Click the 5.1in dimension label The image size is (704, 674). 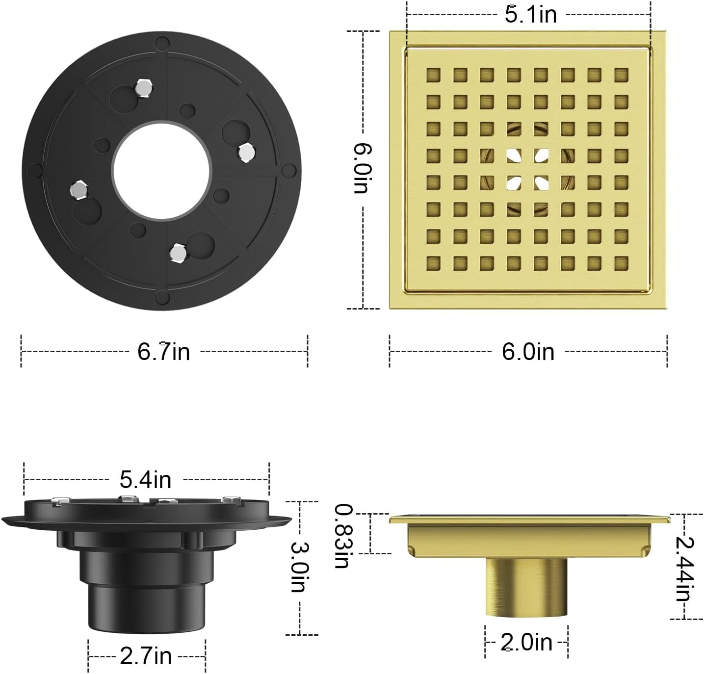[x=531, y=14]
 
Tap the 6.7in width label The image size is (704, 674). [x=163, y=352]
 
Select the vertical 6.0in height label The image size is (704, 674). [x=363, y=168]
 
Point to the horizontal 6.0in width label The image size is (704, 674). [x=528, y=352]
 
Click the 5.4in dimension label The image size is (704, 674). [x=146, y=479]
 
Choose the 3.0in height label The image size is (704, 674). [x=299, y=567]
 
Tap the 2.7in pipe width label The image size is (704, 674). [x=146, y=656]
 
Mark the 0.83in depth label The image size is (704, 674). [x=342, y=536]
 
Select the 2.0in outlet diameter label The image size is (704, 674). [x=526, y=642]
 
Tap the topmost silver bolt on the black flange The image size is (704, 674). [x=143, y=88]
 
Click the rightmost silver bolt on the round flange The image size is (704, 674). [x=245, y=153]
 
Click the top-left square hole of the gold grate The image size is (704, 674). [x=433, y=75]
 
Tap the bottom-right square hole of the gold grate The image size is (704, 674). [x=621, y=263]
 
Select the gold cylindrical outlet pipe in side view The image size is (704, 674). [x=526, y=586]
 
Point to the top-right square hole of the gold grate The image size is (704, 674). [x=621, y=75]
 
